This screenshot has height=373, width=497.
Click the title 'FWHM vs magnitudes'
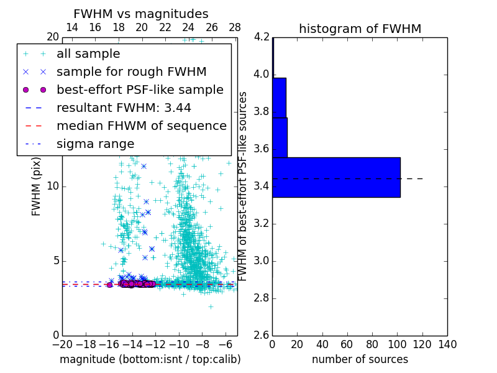click(x=141, y=14)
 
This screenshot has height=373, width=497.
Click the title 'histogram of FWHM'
click(x=360, y=29)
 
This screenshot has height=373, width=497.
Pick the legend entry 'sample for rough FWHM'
click(x=131, y=72)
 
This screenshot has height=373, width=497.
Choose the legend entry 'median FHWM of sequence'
click(x=141, y=126)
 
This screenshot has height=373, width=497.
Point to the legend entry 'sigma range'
click(x=95, y=144)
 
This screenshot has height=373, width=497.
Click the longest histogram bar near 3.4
click(x=336, y=177)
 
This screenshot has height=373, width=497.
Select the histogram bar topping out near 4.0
click(x=279, y=98)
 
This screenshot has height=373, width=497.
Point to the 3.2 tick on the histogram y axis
click(x=262, y=223)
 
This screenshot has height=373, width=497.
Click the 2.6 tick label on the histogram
click(x=262, y=335)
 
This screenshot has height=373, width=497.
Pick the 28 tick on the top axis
click(x=235, y=27)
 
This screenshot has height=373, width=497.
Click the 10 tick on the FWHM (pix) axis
click(x=53, y=186)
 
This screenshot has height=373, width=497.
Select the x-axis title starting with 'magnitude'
click(x=150, y=359)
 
